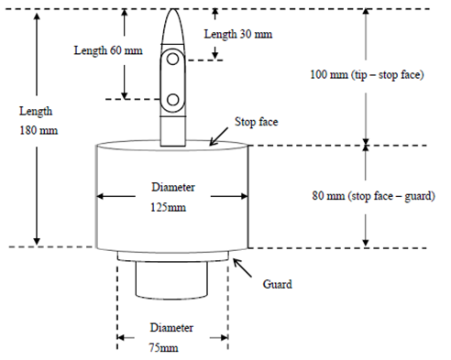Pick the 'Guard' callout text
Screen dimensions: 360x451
click(276, 284)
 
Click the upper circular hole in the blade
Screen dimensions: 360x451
click(171, 62)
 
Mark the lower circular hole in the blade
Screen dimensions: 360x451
click(171, 99)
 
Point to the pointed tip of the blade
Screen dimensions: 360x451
click(172, 10)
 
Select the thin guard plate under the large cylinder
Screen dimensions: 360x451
click(172, 255)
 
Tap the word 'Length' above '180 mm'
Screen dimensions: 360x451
click(38, 111)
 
